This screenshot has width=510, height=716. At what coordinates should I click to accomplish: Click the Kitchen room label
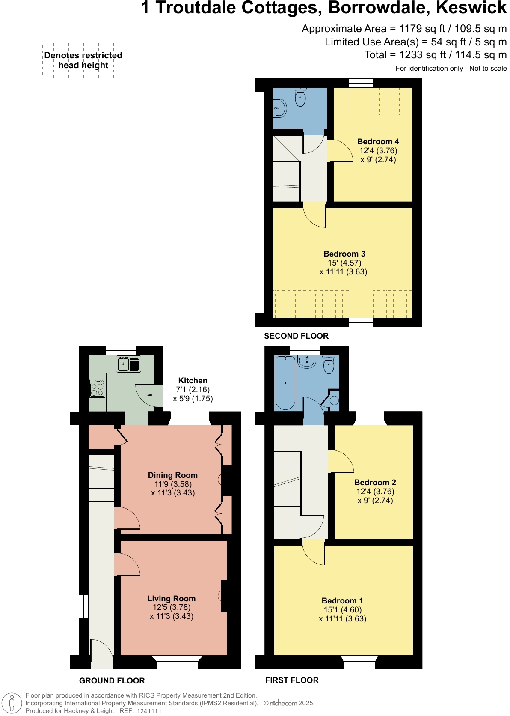tap(193, 380)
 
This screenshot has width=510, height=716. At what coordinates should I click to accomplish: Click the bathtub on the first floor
tap(285, 382)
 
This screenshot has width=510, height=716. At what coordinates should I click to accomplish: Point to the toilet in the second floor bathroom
tap(300, 97)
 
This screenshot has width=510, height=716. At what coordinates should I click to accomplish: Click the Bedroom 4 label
tap(378, 141)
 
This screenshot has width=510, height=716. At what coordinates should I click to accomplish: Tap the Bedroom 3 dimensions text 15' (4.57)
tap(344, 263)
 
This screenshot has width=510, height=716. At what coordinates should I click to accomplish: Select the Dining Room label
tap(172, 475)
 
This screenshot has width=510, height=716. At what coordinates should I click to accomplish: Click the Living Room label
tap(171, 598)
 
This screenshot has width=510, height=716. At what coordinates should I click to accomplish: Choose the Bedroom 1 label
tap(342, 600)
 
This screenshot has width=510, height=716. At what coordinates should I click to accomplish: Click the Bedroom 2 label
tap(375, 482)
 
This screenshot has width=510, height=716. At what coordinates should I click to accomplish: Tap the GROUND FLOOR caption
tap(112, 680)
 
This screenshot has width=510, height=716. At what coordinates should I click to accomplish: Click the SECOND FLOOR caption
tap(296, 336)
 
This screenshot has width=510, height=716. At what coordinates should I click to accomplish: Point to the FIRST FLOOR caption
tap(292, 680)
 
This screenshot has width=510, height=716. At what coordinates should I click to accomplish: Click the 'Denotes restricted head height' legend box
tap(83, 60)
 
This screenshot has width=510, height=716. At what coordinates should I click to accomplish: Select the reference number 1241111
tap(149, 711)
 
